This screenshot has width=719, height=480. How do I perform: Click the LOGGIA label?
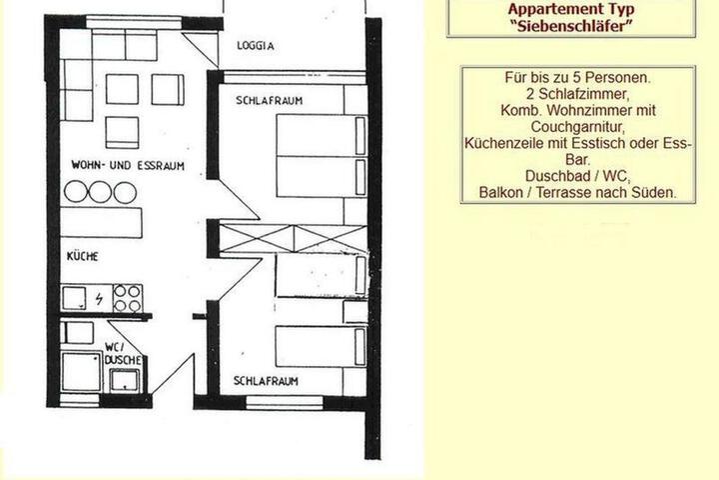255,46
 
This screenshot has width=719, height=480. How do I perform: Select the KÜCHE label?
82,257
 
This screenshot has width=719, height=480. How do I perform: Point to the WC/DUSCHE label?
121,353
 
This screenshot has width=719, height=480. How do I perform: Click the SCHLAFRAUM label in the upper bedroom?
270,101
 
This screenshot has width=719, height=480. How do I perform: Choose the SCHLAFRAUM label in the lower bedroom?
267,381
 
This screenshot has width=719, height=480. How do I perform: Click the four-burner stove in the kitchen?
128,298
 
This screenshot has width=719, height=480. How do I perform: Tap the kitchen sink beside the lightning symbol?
75,298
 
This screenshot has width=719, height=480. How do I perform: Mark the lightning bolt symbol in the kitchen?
100,298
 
